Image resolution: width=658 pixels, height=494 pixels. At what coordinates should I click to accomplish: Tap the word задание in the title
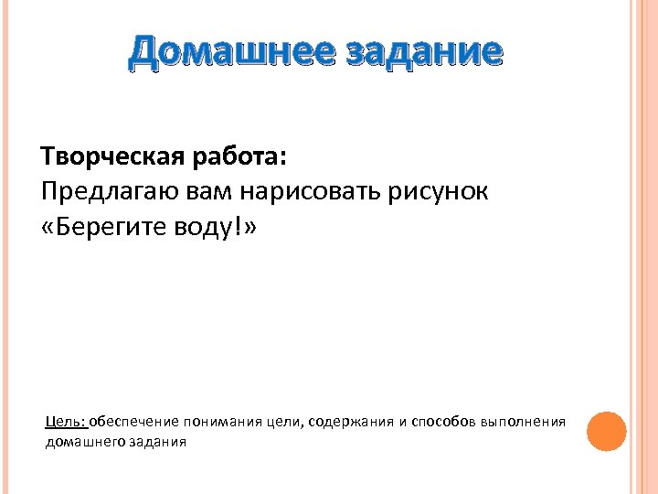pyautogui.click(x=423, y=52)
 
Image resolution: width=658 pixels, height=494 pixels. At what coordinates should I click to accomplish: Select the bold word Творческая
pyautogui.click(x=111, y=157)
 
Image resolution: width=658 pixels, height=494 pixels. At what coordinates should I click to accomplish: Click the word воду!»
pyautogui.click(x=214, y=227)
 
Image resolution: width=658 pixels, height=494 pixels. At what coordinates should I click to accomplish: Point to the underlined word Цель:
pyautogui.click(x=66, y=422)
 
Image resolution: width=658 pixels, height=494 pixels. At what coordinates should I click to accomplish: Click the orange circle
pyautogui.click(x=606, y=431)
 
